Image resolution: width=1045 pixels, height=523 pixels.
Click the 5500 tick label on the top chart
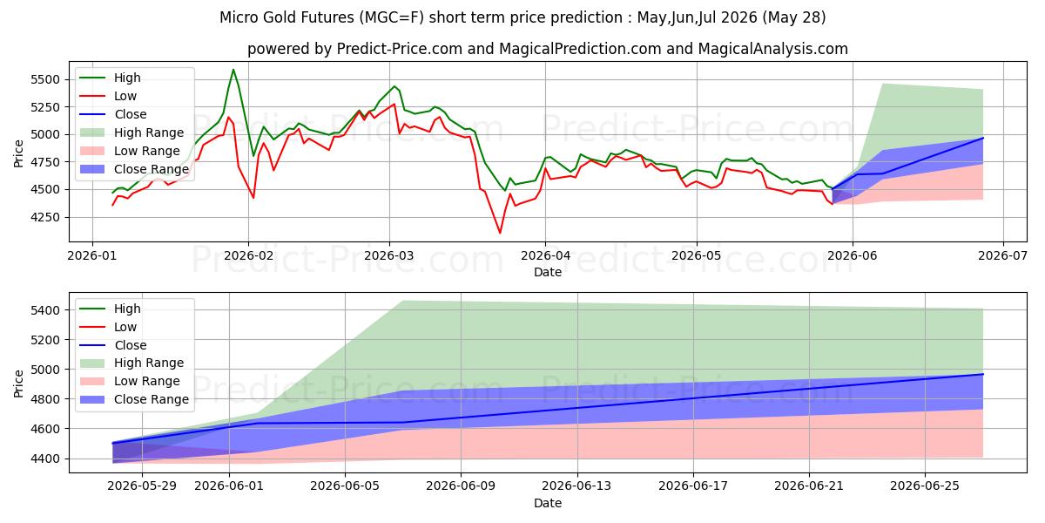[45, 79]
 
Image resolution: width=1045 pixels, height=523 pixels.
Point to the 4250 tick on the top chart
[45, 217]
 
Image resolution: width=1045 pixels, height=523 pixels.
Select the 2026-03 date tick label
[388, 256]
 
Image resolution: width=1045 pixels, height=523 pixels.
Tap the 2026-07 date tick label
[1002, 256]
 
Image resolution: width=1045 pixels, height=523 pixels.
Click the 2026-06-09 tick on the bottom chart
[461, 486]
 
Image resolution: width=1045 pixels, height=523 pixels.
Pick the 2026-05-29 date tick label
[142, 486]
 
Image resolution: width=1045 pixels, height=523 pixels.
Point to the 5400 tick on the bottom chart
[45, 310]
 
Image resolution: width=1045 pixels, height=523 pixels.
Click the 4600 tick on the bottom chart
[45, 429]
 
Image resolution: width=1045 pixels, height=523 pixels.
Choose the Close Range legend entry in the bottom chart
[134, 399]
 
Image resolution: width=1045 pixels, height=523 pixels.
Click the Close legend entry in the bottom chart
[112, 345]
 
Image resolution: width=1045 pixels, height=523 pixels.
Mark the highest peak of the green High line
[233, 70]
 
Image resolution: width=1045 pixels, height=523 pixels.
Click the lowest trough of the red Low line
[500, 233]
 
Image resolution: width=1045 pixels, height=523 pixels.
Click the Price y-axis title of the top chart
[18, 153]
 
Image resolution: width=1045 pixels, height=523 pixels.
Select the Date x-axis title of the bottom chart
[548, 503]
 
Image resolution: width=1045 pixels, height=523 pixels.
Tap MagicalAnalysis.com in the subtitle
[773, 49]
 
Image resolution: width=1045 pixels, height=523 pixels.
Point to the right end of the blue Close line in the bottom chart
[983, 374]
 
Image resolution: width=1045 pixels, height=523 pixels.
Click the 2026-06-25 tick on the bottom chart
[925, 486]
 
